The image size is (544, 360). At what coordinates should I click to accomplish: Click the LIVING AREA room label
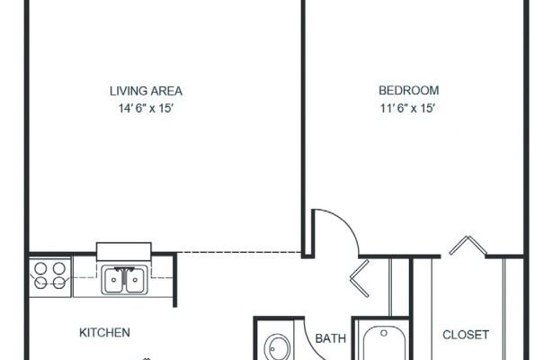pyautogui.click(x=146, y=91)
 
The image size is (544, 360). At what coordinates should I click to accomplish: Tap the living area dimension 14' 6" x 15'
pyautogui.click(x=146, y=108)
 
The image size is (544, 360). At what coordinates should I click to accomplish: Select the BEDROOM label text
pyautogui.click(x=409, y=91)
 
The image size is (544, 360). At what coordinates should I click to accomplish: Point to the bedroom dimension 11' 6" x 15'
pyautogui.click(x=407, y=108)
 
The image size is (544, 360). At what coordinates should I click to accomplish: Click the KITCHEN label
pyautogui.click(x=104, y=333)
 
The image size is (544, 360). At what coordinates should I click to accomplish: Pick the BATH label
pyautogui.click(x=330, y=338)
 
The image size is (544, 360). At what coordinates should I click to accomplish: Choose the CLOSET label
pyautogui.click(x=466, y=335)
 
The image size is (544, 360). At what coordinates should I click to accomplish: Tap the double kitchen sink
pyautogui.click(x=124, y=280)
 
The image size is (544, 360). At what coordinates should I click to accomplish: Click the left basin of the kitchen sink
pyautogui.click(x=113, y=281)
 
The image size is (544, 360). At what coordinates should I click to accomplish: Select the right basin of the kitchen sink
pyautogui.click(x=135, y=281)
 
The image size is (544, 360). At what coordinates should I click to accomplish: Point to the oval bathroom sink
pyautogui.click(x=277, y=347)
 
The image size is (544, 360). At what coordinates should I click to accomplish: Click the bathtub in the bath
pyautogui.click(x=384, y=343)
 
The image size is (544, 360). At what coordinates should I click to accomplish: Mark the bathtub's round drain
pyautogui.click(x=384, y=333)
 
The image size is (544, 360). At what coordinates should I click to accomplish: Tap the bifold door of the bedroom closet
pyautogui.click(x=468, y=246)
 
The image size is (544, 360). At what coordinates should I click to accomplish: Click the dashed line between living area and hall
pyautogui.click(x=239, y=252)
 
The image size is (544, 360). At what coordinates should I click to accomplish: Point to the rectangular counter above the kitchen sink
pyautogui.click(x=124, y=252)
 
